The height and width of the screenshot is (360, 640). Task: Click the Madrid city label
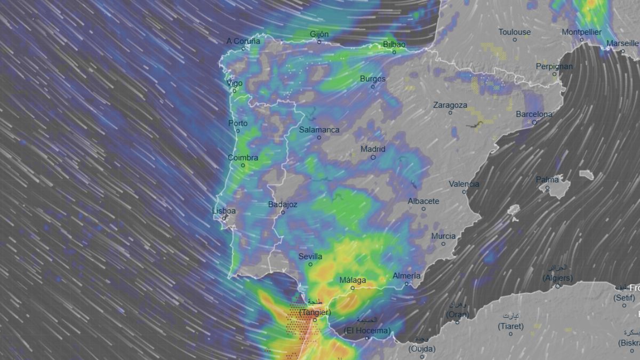click(x=373, y=149)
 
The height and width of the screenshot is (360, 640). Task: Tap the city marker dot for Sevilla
click(x=310, y=265)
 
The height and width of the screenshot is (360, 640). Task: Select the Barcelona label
click(x=534, y=114)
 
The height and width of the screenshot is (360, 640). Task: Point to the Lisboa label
click(x=224, y=211)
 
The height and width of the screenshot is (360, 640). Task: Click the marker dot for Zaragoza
click(x=450, y=113)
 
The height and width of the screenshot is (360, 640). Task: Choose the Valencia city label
click(x=463, y=184)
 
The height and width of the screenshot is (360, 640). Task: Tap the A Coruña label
click(x=243, y=41)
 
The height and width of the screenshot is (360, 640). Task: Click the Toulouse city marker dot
click(x=515, y=39)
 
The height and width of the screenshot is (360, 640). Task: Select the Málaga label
click(x=353, y=280)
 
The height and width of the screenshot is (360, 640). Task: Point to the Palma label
click(x=547, y=180)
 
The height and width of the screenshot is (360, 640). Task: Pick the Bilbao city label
click(x=394, y=44)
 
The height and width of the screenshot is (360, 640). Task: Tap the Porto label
click(x=238, y=123)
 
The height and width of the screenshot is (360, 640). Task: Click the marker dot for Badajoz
click(x=283, y=212)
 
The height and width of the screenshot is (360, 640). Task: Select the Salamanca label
click(x=319, y=130)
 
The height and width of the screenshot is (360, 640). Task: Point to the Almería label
click(x=406, y=276)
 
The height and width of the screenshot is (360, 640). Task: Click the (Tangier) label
click(x=315, y=312)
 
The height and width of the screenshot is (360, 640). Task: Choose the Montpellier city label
click(x=581, y=32)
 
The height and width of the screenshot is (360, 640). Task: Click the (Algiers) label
click(x=557, y=278)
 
